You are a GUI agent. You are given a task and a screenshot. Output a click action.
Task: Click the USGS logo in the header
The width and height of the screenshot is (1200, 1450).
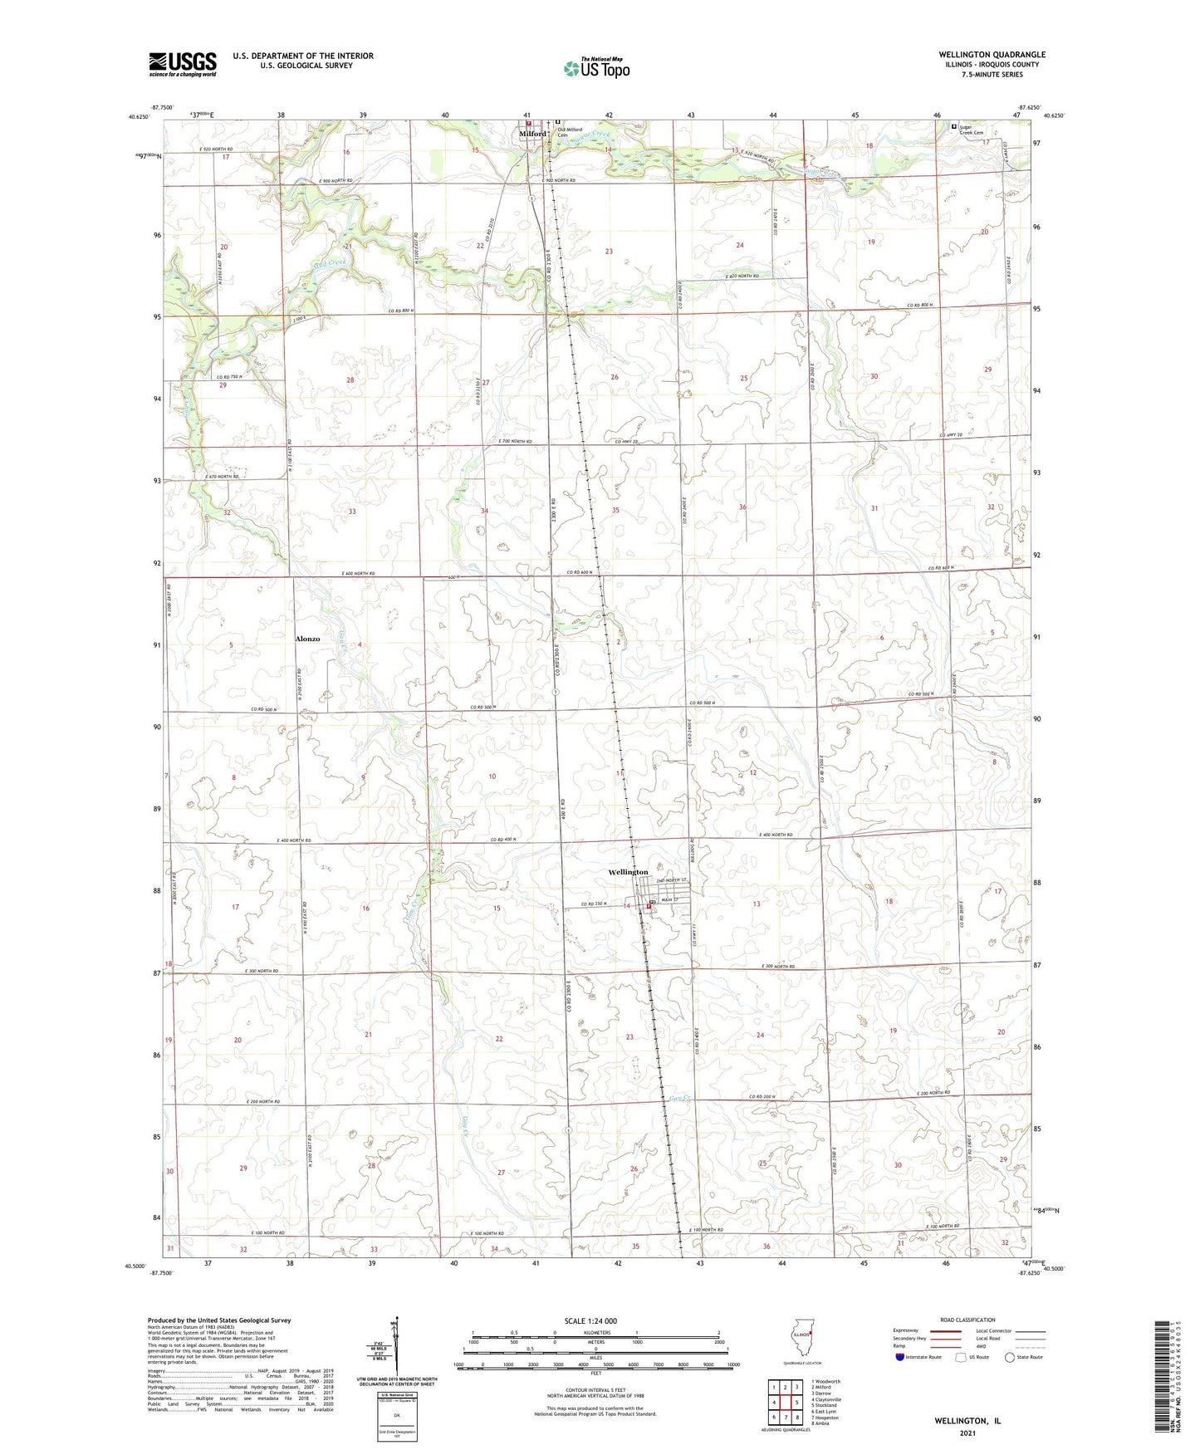(x=183, y=63)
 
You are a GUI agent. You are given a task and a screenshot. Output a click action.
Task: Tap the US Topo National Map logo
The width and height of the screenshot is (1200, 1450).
(x=596, y=68)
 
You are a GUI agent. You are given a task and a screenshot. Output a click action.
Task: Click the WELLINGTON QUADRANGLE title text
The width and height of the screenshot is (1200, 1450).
(x=992, y=55)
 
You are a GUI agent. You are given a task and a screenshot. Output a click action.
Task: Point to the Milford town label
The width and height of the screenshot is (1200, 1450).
(x=533, y=134)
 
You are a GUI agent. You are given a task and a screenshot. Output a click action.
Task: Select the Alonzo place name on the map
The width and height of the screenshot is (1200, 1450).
(x=307, y=639)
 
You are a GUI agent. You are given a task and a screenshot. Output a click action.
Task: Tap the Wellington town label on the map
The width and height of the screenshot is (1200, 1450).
(x=628, y=872)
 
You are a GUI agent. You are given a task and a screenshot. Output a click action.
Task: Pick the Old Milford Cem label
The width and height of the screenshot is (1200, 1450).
(x=570, y=132)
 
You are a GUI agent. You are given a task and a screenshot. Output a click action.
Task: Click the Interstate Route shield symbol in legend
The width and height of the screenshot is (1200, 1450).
(x=901, y=1358)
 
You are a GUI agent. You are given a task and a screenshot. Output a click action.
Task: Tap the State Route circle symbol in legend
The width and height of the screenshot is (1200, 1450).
(x=1009, y=1358)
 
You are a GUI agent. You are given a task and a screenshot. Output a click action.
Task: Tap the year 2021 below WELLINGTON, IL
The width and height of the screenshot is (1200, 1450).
(x=967, y=1433)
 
